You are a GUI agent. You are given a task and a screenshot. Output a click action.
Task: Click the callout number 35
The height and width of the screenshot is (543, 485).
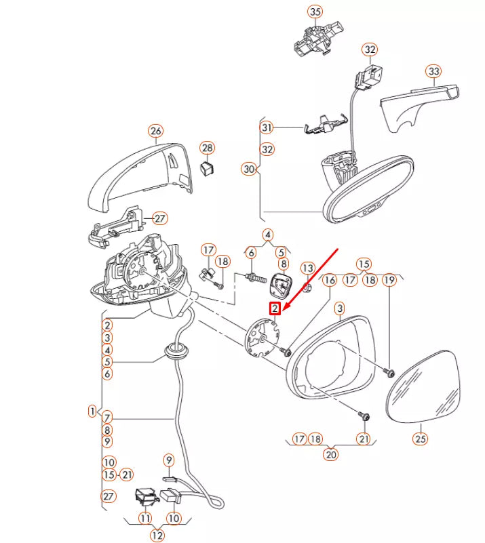[315, 12]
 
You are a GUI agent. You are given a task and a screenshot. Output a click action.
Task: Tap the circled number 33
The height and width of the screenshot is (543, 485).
[433, 71]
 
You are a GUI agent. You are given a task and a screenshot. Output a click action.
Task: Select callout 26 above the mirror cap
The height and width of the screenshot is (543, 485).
[156, 131]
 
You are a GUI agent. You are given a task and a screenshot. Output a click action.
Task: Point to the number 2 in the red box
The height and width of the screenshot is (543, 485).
[275, 308]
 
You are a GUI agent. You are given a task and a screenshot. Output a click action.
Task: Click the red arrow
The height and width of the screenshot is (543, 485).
[311, 279]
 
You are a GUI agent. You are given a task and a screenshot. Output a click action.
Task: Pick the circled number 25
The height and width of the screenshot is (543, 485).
[420, 439]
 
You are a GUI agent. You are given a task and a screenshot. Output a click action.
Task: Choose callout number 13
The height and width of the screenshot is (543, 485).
[308, 268]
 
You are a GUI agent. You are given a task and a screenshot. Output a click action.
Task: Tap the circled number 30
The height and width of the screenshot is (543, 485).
[249, 169]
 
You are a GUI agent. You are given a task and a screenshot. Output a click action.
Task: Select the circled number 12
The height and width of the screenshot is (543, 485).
[157, 535]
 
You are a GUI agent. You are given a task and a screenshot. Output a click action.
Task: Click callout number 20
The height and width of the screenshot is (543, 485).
[331, 454]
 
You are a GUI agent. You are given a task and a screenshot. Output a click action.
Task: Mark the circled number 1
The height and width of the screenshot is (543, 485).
[92, 411]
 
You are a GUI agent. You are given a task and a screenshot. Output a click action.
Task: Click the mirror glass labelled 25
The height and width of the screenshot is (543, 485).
[423, 387]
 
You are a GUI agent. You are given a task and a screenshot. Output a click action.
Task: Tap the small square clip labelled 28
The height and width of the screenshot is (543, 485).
[207, 168]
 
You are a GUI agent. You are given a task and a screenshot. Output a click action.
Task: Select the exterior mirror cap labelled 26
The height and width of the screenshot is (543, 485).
[140, 177]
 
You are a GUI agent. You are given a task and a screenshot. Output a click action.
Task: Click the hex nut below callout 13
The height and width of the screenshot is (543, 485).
[307, 287]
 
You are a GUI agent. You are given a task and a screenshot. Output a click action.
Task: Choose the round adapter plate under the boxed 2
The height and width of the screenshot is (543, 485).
[263, 338]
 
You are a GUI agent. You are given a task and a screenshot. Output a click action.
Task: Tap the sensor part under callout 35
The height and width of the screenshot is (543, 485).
[318, 39]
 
